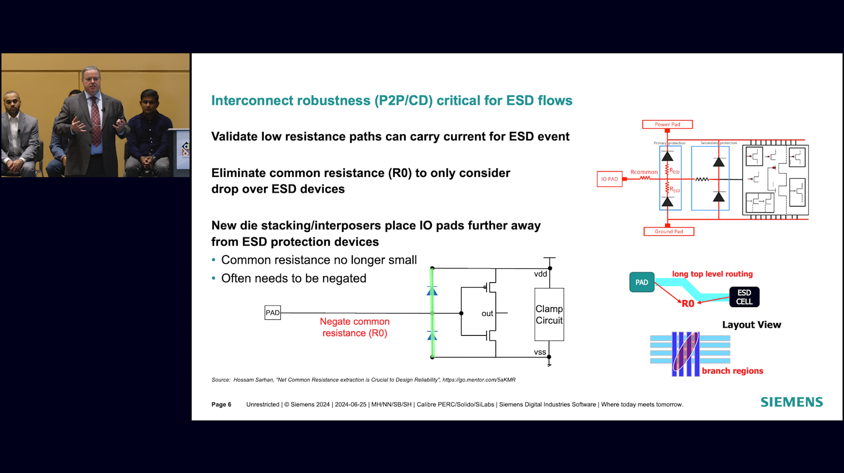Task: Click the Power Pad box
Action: (x=667, y=124)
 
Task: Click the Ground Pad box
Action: (x=669, y=232)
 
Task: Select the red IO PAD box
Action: (x=609, y=179)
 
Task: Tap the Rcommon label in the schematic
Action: (x=644, y=172)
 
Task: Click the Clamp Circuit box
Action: (x=549, y=315)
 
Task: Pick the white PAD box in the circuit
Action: (x=273, y=313)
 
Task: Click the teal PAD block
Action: (x=642, y=282)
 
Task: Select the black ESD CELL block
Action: (x=744, y=297)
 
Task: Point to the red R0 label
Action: (x=688, y=304)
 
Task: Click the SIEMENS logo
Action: (x=791, y=402)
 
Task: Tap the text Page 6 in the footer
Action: (x=221, y=405)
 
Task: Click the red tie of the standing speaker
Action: (x=95, y=121)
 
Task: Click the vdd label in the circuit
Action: (x=541, y=274)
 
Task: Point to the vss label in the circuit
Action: (x=540, y=352)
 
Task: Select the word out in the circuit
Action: (x=487, y=313)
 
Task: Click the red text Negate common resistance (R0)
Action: (x=355, y=327)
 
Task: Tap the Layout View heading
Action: (x=751, y=325)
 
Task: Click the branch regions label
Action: (x=732, y=371)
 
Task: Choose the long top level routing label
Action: (x=712, y=274)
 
